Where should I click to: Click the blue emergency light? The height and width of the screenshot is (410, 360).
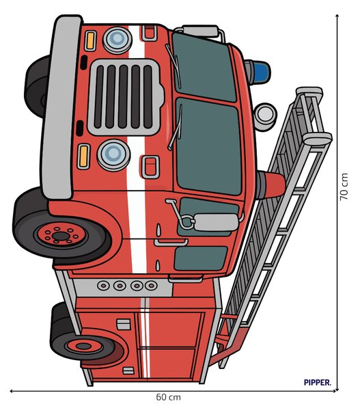click(x=258, y=72)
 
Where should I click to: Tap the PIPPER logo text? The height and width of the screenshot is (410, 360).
click(x=317, y=382)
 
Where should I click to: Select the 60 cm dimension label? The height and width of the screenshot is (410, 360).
click(x=168, y=397)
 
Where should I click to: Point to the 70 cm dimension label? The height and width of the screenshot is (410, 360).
click(x=344, y=187)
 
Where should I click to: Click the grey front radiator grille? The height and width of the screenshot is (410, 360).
click(x=125, y=97)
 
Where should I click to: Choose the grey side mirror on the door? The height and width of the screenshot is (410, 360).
click(x=217, y=222)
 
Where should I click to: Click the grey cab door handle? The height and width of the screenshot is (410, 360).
click(x=171, y=243)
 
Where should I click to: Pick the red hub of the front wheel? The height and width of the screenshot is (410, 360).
click(x=61, y=235)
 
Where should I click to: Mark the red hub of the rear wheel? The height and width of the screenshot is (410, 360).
click(x=83, y=346)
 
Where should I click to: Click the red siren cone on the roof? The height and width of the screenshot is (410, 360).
click(x=272, y=184)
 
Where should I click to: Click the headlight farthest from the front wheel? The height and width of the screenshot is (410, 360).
click(x=117, y=40)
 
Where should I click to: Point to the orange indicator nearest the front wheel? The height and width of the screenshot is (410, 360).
click(x=83, y=156)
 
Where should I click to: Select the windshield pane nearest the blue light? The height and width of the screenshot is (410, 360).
click(x=204, y=67)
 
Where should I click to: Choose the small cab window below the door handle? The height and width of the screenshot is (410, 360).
click(x=200, y=258)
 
